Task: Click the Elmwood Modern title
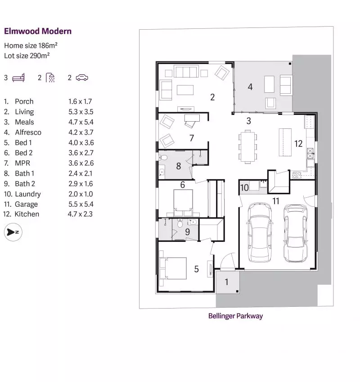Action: (x=38, y=31)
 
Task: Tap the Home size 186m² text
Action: (x=31, y=45)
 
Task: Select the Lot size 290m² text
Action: (x=27, y=55)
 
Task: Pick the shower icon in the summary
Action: (x=50, y=78)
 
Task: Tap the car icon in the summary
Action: (x=81, y=78)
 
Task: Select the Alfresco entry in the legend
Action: (x=28, y=132)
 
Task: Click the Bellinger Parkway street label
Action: (x=235, y=316)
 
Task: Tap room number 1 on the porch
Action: (x=226, y=282)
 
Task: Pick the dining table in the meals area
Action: (x=247, y=146)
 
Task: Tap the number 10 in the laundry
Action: (x=244, y=187)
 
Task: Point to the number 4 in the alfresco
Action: (x=250, y=86)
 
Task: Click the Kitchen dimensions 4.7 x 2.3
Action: (x=81, y=214)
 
